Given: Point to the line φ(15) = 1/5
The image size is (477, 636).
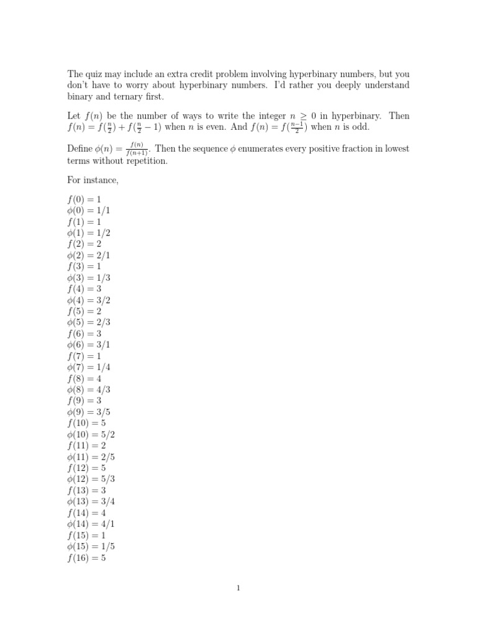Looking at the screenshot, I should (91, 546).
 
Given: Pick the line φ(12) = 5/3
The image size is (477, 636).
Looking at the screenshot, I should (91, 479).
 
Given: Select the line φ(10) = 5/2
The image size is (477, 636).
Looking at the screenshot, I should (91, 434).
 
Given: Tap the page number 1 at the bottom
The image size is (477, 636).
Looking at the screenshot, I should (238, 589).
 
